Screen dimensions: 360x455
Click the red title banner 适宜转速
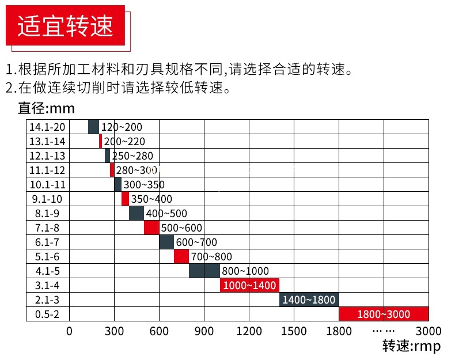pyautogui.click(x=65, y=25)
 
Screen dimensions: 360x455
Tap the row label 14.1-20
pyautogui.click(x=47, y=127)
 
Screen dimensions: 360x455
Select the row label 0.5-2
pyautogui.click(x=47, y=314)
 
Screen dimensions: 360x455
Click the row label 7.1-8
pyautogui.click(x=47, y=228)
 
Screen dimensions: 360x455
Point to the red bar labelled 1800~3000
pyautogui.click(x=384, y=314)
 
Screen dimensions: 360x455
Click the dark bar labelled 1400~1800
pyautogui.click(x=309, y=300)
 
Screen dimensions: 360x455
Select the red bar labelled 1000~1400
pyautogui.click(x=249, y=285)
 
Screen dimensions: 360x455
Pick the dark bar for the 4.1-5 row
pyautogui.click(x=204, y=271)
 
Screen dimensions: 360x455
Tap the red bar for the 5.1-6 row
pyautogui.click(x=181, y=256)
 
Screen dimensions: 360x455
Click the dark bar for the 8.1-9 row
pyautogui.click(x=136, y=213)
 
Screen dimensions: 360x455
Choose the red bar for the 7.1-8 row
pyautogui.click(x=151, y=228)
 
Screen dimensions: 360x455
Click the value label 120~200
pyautogui.click(x=122, y=127)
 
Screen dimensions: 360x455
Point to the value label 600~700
pyautogui.click(x=196, y=242)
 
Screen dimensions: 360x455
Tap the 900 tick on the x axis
pyautogui.click(x=204, y=331)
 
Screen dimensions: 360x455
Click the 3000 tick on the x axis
pyautogui.click(x=429, y=331)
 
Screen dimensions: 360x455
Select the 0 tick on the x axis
pyautogui.click(x=70, y=331)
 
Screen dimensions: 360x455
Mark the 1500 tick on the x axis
pyautogui.click(x=294, y=331)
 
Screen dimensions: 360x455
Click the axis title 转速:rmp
pyautogui.click(x=411, y=346)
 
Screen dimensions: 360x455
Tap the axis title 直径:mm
pyautogui.click(x=47, y=108)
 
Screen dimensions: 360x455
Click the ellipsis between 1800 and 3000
pyautogui.click(x=384, y=331)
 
